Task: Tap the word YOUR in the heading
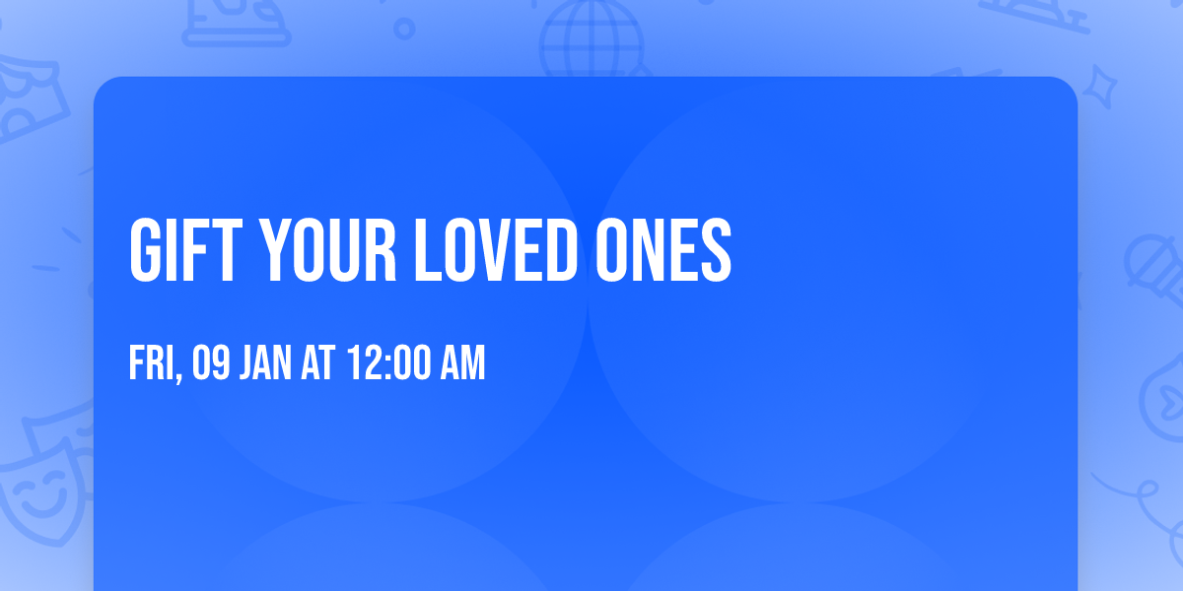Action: tap(327, 251)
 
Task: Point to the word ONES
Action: tap(662, 251)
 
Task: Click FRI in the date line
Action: tap(152, 363)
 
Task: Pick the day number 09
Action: tap(211, 363)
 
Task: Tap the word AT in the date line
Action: tap(318, 363)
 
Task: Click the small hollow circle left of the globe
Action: tap(404, 27)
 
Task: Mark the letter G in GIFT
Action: tap(146, 251)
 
